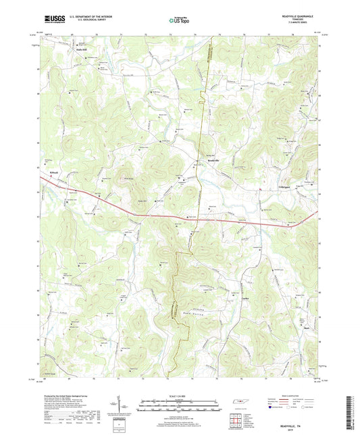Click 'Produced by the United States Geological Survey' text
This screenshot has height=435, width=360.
[68, 396]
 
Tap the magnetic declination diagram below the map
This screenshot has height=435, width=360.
[126, 407]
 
